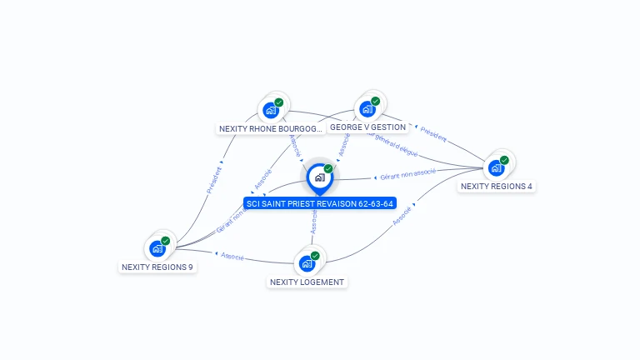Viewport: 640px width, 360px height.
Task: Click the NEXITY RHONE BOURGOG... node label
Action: pos(269,129)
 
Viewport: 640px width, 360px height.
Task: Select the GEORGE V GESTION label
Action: pos(367,127)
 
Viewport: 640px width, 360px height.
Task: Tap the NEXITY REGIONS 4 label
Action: pos(496,187)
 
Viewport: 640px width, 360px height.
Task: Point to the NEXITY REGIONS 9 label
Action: pos(157,267)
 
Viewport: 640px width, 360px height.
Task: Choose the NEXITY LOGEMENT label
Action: pos(307,282)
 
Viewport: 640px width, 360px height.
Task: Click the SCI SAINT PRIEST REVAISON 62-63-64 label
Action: pos(320,203)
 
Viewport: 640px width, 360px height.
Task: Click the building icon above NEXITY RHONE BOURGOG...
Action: pos(270,110)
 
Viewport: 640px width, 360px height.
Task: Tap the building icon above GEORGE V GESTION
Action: pos(367,108)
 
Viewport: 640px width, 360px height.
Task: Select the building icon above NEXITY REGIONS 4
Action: pos(496,167)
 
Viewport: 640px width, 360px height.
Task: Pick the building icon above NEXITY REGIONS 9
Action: pos(157,248)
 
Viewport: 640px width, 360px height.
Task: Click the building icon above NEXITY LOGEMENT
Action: pos(306,263)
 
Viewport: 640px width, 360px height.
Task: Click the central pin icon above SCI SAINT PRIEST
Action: pos(319,177)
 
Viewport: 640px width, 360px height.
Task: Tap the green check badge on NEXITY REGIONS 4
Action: pos(504,160)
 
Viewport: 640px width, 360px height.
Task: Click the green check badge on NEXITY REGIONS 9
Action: pos(165,241)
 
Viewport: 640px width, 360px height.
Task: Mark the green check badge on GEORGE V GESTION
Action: pos(375,101)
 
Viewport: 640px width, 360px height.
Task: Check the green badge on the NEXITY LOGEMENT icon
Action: pos(314,256)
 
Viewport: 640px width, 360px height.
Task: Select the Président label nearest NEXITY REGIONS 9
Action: pos(214,180)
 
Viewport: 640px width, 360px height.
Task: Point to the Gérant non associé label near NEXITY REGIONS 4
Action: pos(407,175)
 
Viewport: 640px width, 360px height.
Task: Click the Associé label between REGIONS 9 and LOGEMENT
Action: pos(232,257)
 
